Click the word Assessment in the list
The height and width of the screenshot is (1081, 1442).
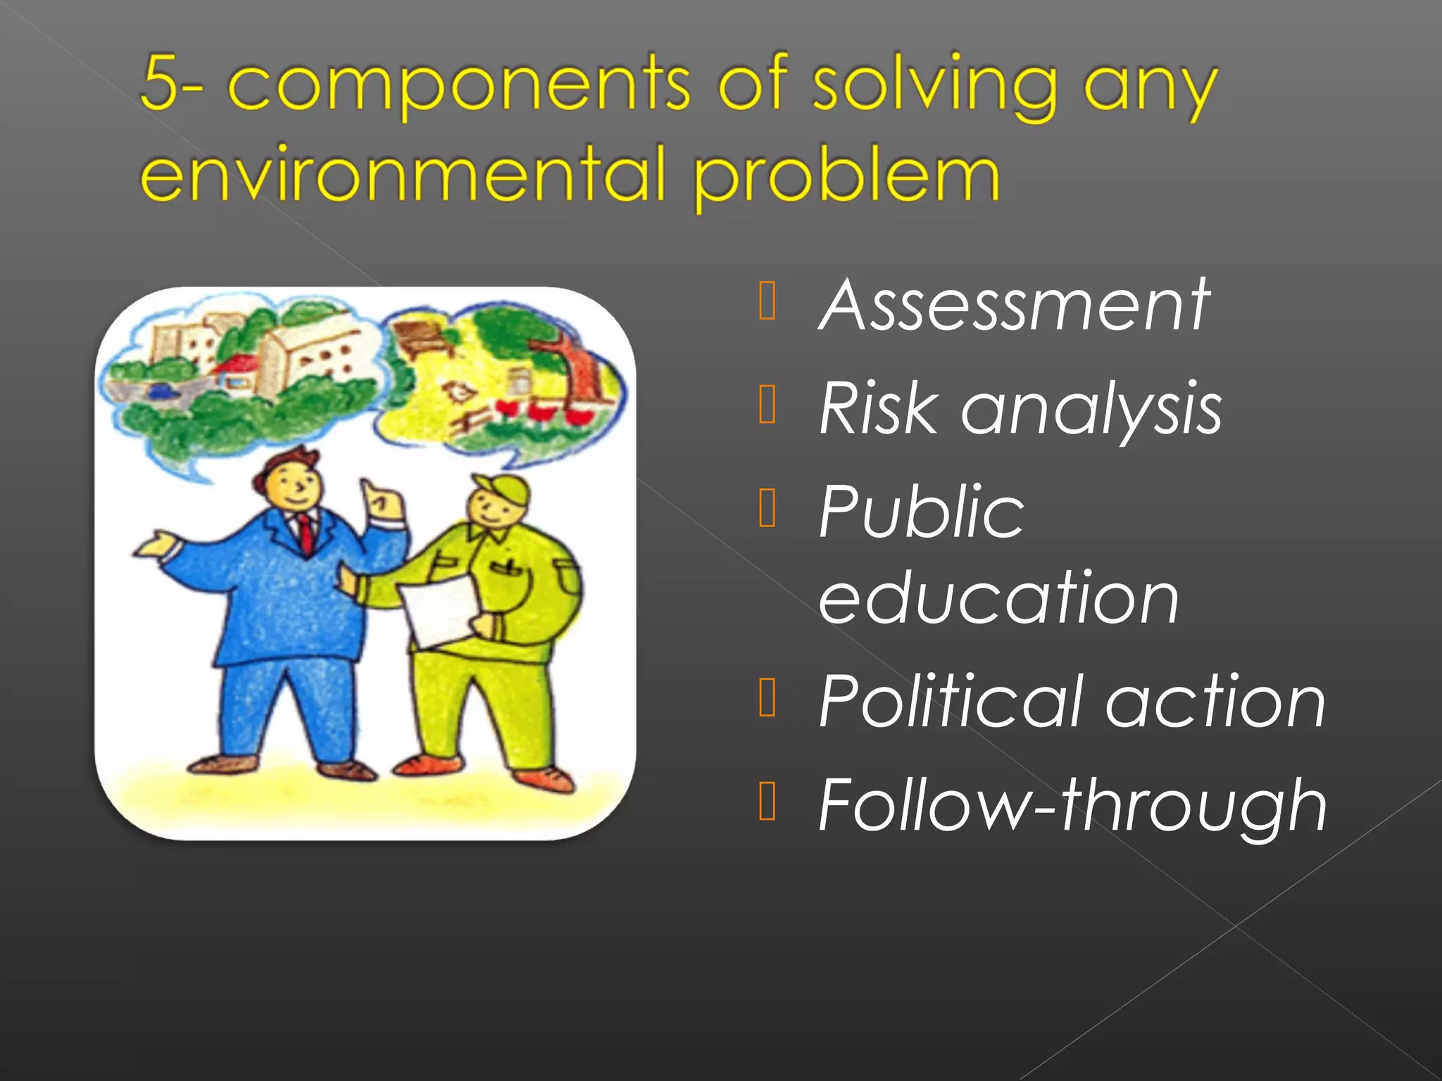(x=1014, y=305)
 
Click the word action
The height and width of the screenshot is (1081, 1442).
(x=1215, y=703)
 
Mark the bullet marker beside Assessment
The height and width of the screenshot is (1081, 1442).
(x=767, y=302)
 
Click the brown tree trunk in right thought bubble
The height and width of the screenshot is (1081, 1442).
(x=580, y=374)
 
